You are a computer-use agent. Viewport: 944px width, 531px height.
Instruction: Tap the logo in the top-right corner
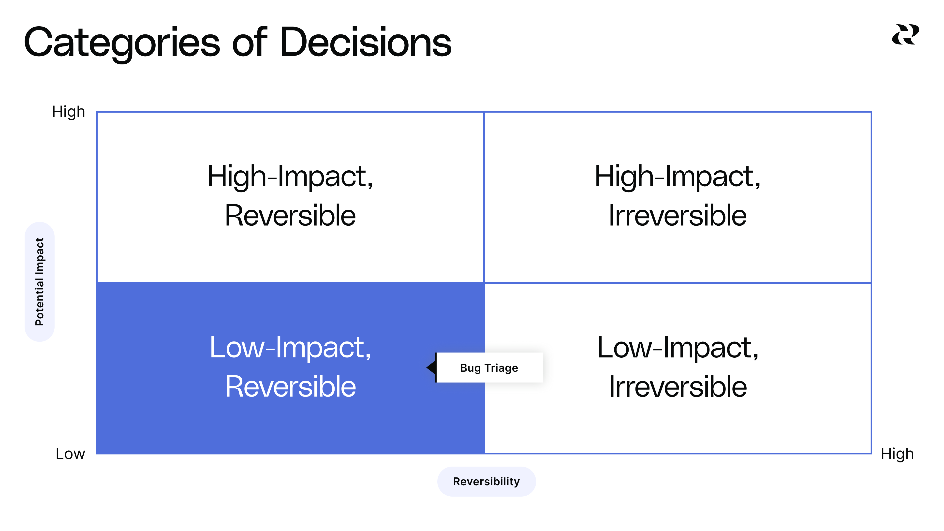(905, 35)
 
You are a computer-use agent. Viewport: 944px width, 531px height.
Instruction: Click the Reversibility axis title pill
(486, 482)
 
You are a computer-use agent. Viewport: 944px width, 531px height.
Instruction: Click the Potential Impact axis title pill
(40, 281)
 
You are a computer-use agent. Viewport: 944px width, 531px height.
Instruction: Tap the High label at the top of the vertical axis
(69, 112)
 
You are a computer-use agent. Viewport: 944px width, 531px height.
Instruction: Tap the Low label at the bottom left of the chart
(70, 454)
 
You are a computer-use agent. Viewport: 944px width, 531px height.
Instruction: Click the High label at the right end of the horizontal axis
(897, 454)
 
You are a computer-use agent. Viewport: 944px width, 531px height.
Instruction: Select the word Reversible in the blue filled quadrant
(290, 387)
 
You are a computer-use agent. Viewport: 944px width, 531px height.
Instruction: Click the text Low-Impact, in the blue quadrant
(290, 347)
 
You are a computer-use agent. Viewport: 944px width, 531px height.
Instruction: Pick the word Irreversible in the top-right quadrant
(678, 216)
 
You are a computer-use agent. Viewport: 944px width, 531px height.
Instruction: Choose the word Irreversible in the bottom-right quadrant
(678, 387)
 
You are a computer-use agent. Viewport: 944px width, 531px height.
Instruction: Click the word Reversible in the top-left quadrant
(290, 216)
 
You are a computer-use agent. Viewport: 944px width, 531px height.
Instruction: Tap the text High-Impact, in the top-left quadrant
(290, 177)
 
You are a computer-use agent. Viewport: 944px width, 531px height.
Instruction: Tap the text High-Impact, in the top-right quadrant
(678, 177)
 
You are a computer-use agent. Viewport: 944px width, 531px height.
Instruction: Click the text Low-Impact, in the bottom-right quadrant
(678, 347)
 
